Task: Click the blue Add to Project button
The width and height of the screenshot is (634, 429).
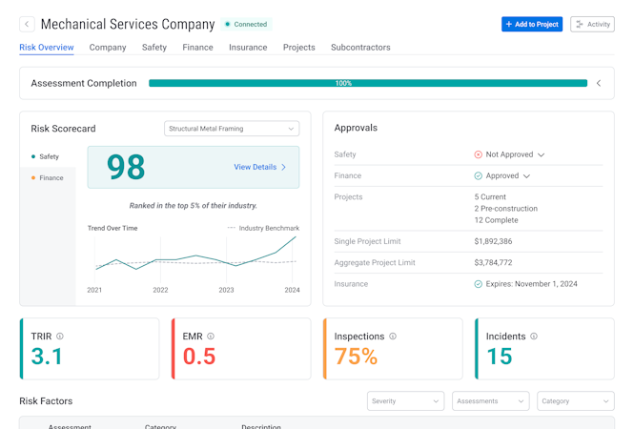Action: coord(532,24)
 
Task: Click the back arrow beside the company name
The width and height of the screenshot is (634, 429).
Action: coord(27,24)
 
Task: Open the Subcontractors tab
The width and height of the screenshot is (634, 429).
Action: coord(360,48)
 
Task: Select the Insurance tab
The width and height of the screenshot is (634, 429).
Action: coord(248,48)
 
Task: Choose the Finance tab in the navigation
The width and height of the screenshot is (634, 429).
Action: coord(197,48)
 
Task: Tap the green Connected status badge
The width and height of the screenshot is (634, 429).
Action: coord(247,24)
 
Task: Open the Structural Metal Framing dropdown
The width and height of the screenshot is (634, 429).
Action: coord(232,129)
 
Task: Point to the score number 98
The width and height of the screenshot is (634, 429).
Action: coord(126,167)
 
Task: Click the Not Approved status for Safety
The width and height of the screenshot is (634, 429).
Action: coord(510,154)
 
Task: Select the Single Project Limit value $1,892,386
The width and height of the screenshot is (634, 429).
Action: coord(493,241)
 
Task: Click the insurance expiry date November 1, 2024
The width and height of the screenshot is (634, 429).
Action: coord(531,284)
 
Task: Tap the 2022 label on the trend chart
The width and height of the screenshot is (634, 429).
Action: coord(160,290)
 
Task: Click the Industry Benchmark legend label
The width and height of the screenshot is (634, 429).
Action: coord(268,228)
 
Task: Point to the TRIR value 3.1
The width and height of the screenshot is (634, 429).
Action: coord(47,357)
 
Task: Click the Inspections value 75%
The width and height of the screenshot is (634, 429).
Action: coord(356,357)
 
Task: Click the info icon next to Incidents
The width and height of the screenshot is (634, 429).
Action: coord(534,337)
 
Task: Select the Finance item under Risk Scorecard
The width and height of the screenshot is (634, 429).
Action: coord(51,178)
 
